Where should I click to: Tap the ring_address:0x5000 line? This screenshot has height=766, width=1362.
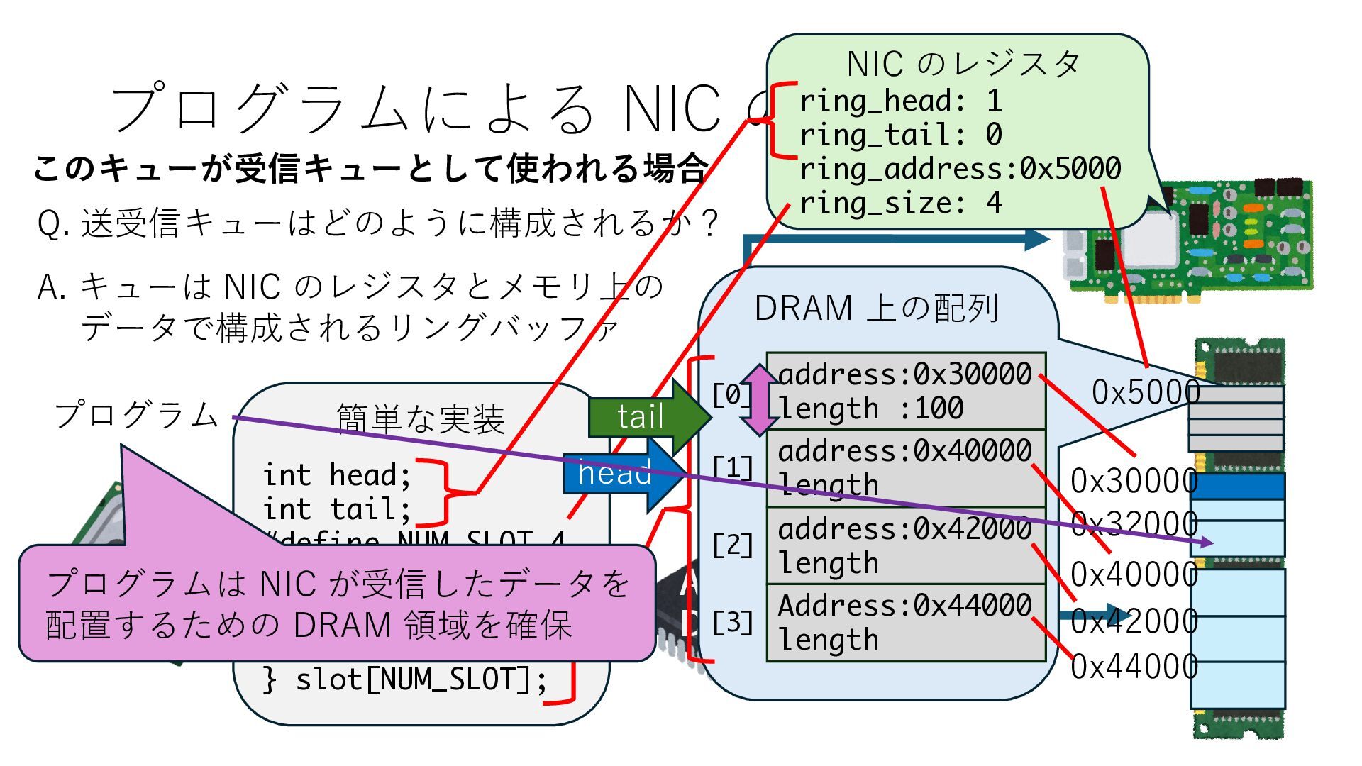point(960,170)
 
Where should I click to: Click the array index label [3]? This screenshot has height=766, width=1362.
point(733,623)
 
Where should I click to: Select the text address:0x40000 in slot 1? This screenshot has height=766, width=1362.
point(904,451)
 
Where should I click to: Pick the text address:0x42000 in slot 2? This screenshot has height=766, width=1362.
point(904,528)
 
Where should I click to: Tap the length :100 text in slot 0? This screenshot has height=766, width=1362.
point(871,409)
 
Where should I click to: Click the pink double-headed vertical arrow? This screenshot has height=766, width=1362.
point(760,399)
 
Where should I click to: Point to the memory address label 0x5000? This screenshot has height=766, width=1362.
point(1145,392)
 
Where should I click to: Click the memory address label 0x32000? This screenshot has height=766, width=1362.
point(1134,525)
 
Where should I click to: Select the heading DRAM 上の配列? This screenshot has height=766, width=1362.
point(877,309)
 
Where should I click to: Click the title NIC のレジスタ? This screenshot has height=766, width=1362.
point(963,65)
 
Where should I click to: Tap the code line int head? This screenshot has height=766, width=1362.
point(336,475)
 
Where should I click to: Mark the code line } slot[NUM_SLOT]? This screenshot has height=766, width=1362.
point(405,680)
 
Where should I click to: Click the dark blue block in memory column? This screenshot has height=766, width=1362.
point(1237,487)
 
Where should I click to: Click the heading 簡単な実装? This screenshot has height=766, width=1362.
point(420,419)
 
